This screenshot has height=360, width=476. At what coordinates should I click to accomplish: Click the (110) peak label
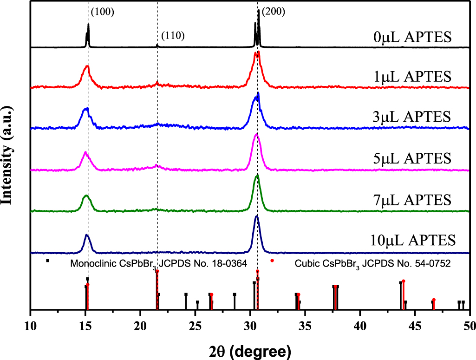[x=173, y=36]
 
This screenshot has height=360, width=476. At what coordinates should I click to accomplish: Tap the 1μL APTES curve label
[x=412, y=76]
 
